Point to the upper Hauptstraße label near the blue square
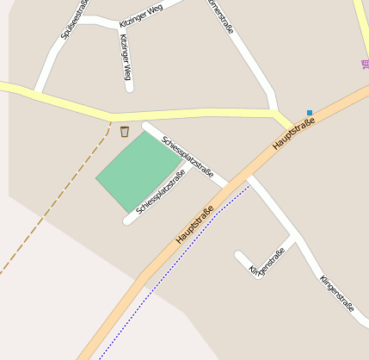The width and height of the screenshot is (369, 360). tap(294, 133)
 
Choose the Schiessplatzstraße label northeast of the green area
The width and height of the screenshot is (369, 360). tap(188, 156)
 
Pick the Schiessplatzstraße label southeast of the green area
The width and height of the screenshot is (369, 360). tap(161, 191)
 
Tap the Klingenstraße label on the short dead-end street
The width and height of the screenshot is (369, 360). tap(267, 262)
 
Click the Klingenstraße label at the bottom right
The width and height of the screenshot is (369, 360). tap(336, 294)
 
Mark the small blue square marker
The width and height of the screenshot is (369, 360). tap(310, 112)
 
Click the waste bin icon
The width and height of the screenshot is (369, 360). tap(125, 132)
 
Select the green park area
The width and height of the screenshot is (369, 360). tap(138, 171)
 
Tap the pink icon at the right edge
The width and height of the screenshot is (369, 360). tap(364, 65)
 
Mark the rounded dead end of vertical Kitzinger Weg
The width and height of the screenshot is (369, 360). tap(129, 86)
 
